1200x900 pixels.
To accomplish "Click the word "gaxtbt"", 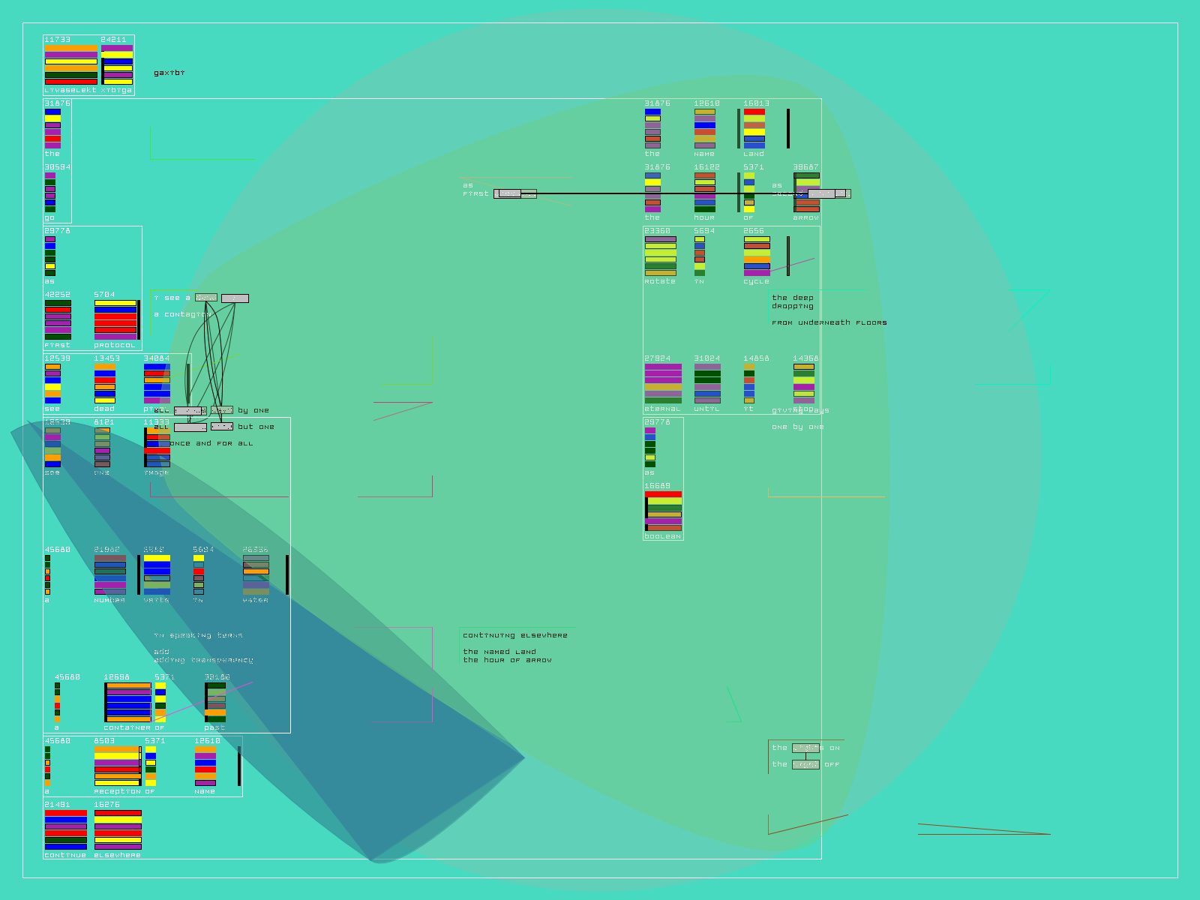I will (169, 73).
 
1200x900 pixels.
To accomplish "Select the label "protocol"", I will (115, 345).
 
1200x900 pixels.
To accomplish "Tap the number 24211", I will (113, 40).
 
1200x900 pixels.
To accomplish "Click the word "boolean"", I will (663, 536).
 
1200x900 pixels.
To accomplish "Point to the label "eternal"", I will (663, 409).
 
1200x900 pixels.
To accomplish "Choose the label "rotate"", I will (660, 281).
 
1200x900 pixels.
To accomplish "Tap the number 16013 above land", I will (756, 103).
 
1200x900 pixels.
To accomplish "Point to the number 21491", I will (57, 805).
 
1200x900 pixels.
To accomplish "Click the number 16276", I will (106, 805).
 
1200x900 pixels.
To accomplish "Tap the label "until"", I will (706, 409).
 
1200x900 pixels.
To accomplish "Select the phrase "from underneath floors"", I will (829, 322).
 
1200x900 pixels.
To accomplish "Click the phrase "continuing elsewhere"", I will (515, 635).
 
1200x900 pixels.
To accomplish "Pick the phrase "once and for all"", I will (211, 443).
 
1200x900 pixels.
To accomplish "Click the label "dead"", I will (104, 409).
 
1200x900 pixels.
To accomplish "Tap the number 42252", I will (57, 295).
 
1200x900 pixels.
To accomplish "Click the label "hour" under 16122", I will (704, 217).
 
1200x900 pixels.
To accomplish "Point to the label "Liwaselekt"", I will (70, 90).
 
